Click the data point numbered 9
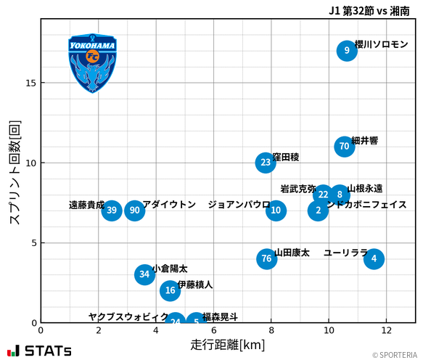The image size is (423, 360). click(x=347, y=51)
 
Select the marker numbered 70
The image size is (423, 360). click(x=344, y=147)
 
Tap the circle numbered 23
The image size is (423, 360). click(x=266, y=163)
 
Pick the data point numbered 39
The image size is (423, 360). click(x=111, y=210)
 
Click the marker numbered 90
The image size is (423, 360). click(x=134, y=210)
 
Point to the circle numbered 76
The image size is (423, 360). click(x=266, y=258)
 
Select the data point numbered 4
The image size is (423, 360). click(x=374, y=258)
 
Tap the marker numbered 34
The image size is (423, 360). click(x=144, y=274)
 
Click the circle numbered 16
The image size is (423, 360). click(x=170, y=290)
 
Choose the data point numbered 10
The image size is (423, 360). click(x=276, y=210)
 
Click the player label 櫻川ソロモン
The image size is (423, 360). click(x=382, y=45)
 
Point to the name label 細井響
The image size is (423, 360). click(x=364, y=141)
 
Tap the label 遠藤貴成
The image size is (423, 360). click(x=86, y=205)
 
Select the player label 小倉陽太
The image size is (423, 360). click(x=170, y=269)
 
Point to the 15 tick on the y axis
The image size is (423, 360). click(x=31, y=83)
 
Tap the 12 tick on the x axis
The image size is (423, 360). click(x=387, y=330)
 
